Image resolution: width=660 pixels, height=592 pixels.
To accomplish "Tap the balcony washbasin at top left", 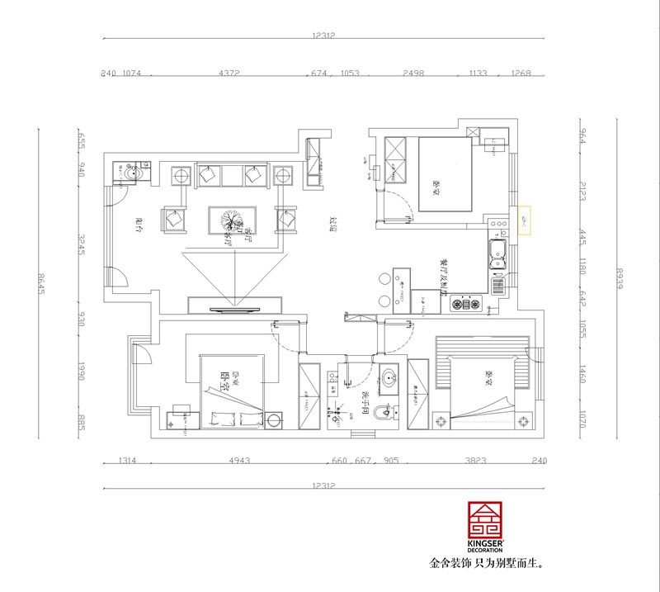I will (x=132, y=173).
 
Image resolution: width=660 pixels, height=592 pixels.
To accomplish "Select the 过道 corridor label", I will (x=333, y=224).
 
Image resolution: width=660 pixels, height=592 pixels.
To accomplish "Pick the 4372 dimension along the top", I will (x=229, y=73).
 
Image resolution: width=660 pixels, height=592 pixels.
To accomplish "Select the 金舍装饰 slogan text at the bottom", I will (x=488, y=566).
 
